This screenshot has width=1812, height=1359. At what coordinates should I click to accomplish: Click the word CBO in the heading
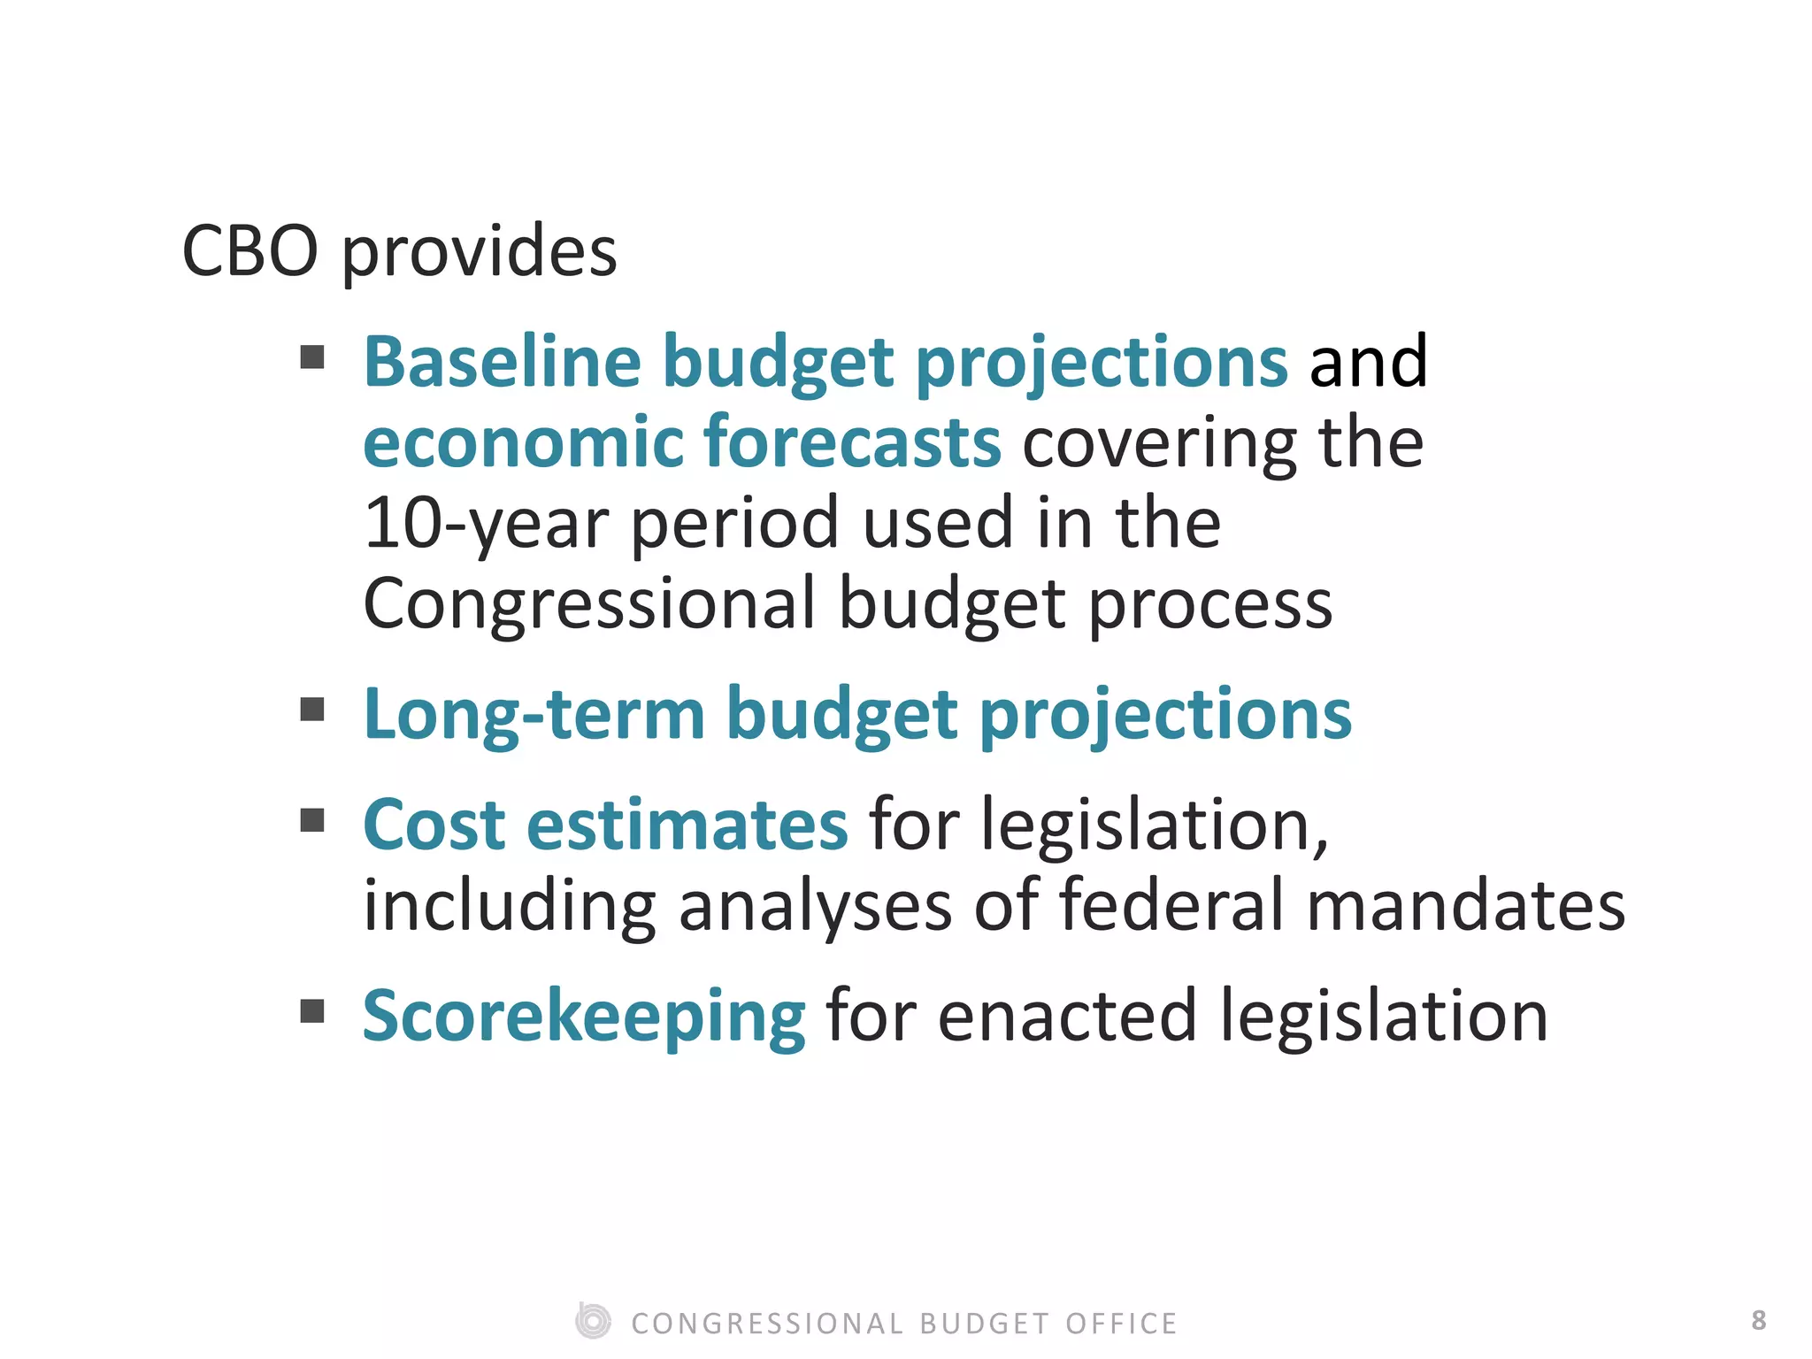click(250, 251)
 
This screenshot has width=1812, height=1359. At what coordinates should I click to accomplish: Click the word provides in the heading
click(479, 253)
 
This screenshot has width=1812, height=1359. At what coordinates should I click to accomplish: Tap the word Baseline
click(502, 362)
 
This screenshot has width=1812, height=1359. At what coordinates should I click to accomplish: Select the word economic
click(523, 442)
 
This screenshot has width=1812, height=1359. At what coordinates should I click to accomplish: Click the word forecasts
click(853, 442)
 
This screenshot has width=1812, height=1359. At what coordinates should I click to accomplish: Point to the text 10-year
click(486, 524)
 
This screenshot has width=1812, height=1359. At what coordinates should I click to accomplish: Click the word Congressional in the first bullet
click(589, 605)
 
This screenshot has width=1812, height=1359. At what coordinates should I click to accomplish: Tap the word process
click(1209, 607)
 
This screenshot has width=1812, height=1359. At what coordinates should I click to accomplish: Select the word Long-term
click(534, 715)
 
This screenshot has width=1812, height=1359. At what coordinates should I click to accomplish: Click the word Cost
click(434, 825)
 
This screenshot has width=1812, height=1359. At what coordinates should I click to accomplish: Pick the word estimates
click(687, 825)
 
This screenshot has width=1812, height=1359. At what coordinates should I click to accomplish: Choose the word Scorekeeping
click(584, 1017)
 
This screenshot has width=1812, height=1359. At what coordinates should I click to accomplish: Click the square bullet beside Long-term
click(312, 710)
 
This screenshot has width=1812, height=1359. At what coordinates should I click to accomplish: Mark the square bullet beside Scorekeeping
click(312, 1010)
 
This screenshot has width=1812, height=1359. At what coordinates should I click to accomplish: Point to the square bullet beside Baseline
click(312, 357)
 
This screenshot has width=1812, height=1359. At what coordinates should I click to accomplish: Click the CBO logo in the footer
click(593, 1321)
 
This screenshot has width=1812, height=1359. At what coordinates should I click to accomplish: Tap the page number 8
click(1758, 1320)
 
